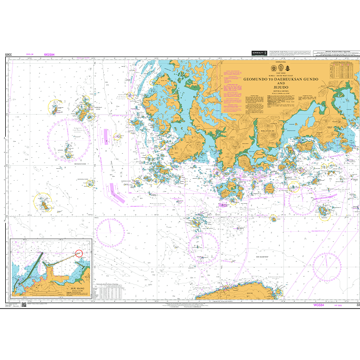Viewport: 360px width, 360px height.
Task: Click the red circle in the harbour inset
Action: [x=79, y=253]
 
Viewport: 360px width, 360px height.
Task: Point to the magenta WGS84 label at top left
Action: [x=49, y=54]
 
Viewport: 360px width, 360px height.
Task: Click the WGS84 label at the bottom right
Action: [x=318, y=305]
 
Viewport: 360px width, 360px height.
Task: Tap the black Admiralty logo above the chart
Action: [x=259, y=53]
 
